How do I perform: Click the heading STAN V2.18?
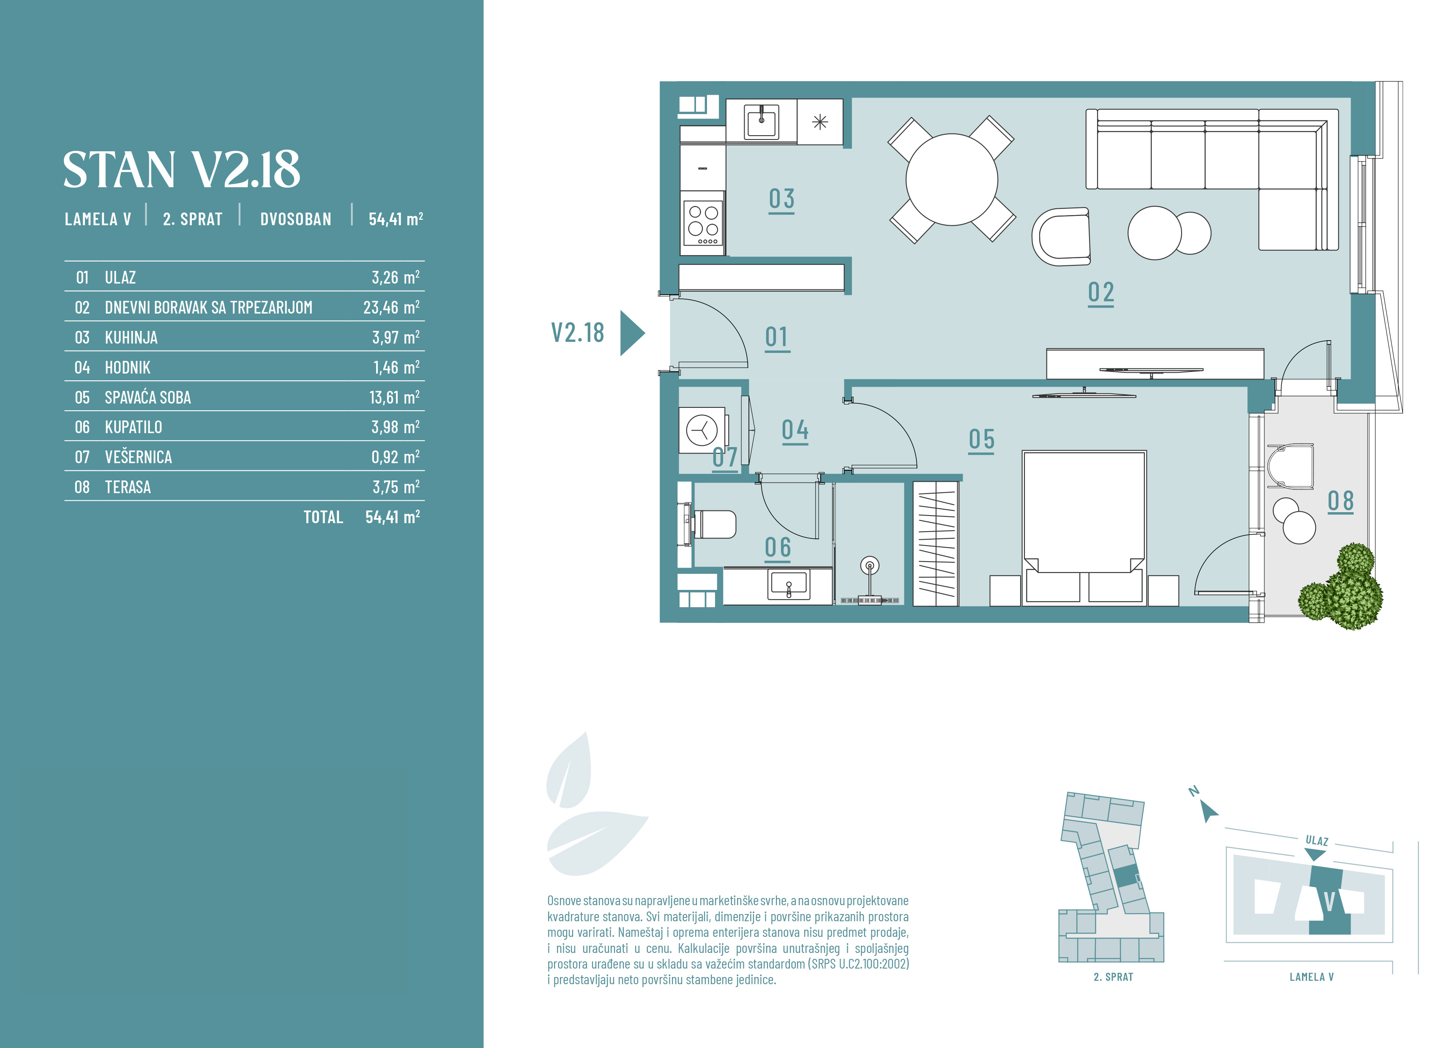pos(181,170)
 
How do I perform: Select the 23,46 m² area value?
pos(391,308)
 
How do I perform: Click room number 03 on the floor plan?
pos(781,199)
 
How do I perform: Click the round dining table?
pos(951,180)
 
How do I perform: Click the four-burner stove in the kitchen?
pos(703,223)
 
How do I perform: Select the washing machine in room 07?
pos(702,430)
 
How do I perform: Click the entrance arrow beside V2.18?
pos(632,333)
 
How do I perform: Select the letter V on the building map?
pos(1330,901)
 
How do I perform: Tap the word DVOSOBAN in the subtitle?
pos(295,219)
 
